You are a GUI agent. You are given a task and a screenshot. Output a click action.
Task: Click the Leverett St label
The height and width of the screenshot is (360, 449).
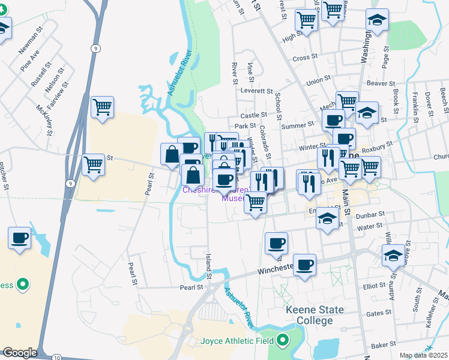click(257, 91)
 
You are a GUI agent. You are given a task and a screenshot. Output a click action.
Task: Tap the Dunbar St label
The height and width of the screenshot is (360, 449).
click(370, 214)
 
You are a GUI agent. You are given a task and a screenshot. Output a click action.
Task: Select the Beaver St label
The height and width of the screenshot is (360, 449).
click(381, 84)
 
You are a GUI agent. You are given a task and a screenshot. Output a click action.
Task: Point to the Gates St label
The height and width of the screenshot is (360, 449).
click(378, 313)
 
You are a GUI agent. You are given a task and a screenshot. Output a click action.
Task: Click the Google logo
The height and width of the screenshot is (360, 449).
click(19, 353)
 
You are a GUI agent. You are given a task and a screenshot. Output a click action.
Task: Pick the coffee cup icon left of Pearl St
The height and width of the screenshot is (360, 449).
click(19, 238)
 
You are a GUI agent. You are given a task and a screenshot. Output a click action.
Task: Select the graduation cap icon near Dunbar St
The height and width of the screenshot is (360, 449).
click(327, 218)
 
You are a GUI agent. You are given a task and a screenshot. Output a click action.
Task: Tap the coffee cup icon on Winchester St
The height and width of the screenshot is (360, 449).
click(304, 264)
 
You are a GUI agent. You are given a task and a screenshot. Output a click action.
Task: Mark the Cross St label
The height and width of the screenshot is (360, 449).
click(305, 58)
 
